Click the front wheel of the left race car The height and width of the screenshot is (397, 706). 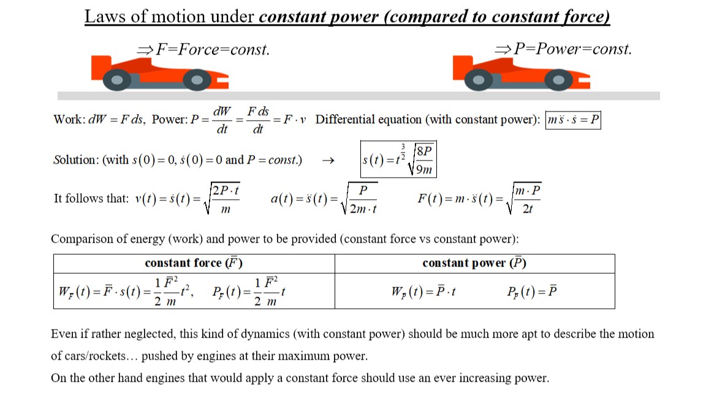pos(196,79)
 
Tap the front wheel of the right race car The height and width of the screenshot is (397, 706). pos(558,79)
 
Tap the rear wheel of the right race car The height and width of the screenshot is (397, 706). pos(479,79)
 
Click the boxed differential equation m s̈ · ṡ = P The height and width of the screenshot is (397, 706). pos(573,119)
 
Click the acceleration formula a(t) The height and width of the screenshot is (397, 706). pos(325,198)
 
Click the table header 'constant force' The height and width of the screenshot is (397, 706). pos(194,263)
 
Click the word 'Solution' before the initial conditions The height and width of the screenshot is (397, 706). pos(75,161)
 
